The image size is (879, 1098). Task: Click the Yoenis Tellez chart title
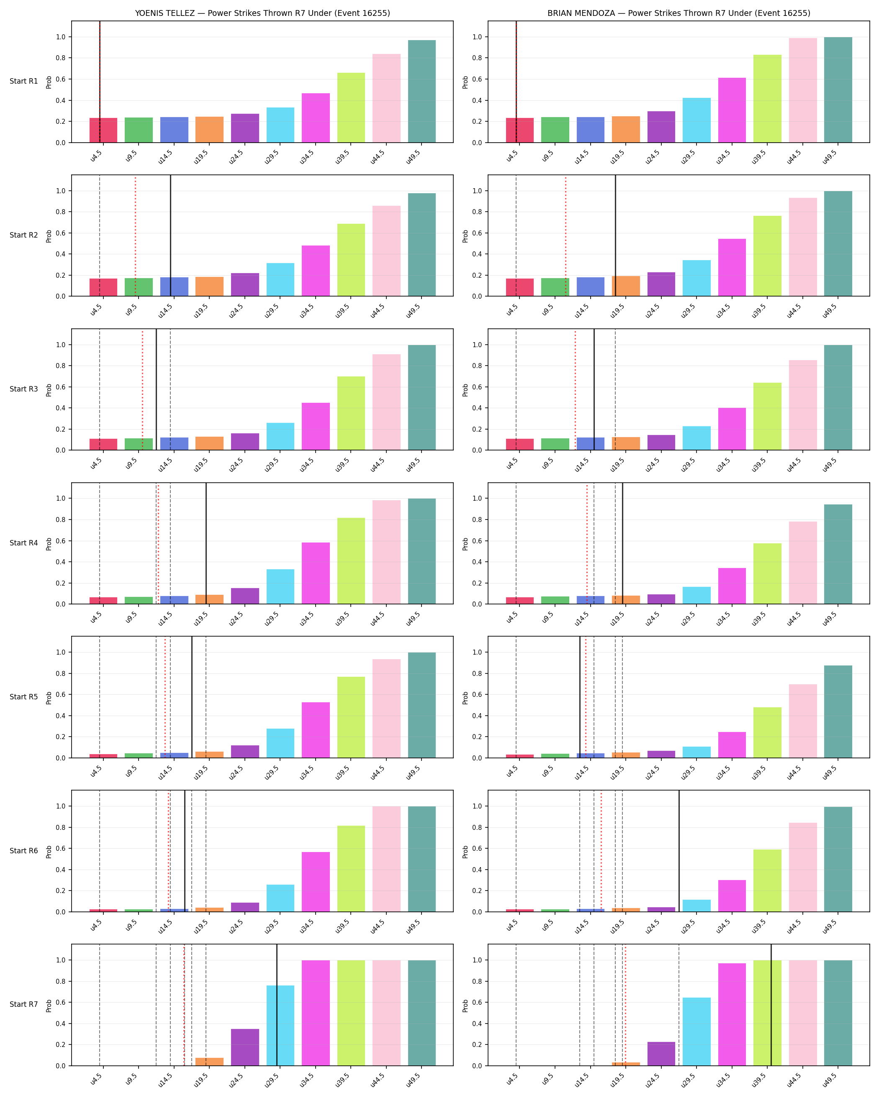tap(262, 13)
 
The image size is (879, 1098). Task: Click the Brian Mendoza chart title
tap(679, 13)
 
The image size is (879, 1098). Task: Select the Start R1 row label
tap(24, 81)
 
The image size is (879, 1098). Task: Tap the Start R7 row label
tap(24, 1004)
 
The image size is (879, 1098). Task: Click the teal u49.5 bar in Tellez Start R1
tap(422, 91)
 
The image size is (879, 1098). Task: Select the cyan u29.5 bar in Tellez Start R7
tap(280, 1026)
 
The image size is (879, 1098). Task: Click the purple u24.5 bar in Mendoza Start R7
tap(661, 1054)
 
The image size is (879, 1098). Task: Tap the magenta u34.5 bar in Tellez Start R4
tap(316, 573)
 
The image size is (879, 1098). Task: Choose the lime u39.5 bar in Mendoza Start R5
tap(767, 732)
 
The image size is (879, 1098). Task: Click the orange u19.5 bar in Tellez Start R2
tap(209, 287)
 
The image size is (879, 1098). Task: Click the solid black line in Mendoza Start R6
tap(679, 851)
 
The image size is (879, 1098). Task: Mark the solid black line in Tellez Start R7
tap(277, 1005)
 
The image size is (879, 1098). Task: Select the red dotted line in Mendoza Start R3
tap(575, 389)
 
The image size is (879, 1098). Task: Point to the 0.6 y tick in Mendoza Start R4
tap(477, 541)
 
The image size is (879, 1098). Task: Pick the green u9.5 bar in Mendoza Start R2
tap(555, 287)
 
